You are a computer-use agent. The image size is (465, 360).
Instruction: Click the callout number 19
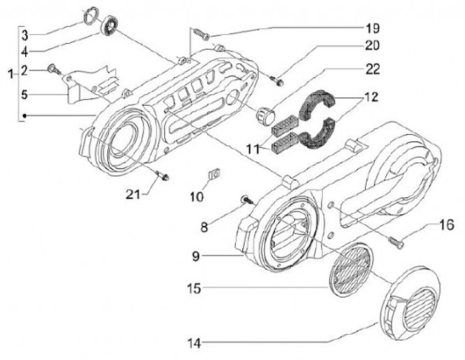click(372, 28)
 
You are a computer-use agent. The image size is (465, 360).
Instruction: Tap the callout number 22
click(372, 69)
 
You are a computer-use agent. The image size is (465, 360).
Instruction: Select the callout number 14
click(194, 343)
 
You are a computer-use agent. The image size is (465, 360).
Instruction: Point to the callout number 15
click(194, 288)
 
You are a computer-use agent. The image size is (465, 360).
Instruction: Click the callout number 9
click(196, 256)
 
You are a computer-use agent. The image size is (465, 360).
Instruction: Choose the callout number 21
click(133, 194)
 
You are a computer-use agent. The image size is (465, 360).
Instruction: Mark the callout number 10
click(196, 196)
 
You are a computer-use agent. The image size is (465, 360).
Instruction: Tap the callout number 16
click(447, 225)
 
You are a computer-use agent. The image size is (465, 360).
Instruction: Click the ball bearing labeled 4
click(110, 25)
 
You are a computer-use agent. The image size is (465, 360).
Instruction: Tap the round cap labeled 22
click(265, 115)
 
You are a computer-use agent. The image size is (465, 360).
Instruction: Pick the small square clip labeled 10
click(214, 174)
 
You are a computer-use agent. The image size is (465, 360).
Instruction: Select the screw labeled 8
click(248, 200)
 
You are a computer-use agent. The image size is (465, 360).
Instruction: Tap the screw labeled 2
click(54, 69)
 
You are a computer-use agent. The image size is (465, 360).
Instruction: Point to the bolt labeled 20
click(277, 81)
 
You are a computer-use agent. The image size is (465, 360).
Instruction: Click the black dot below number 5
click(25, 116)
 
